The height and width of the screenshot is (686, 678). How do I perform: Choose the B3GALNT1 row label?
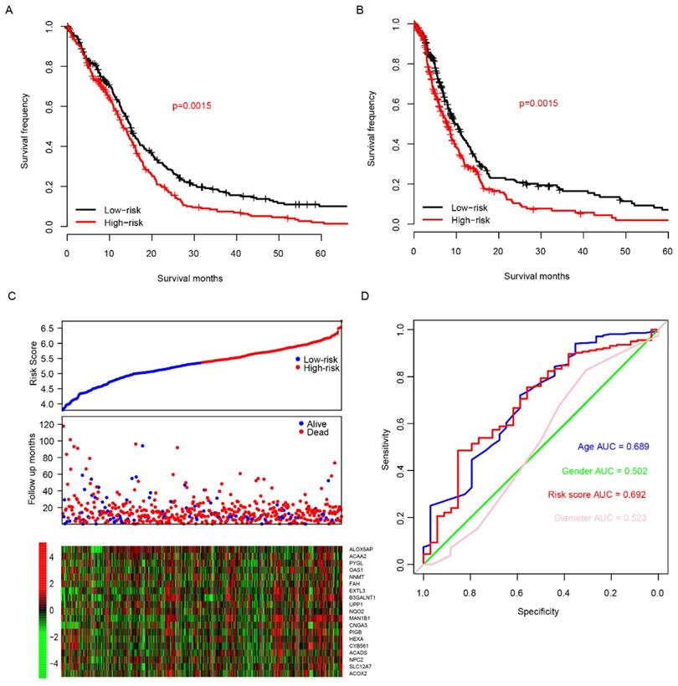click(x=362, y=597)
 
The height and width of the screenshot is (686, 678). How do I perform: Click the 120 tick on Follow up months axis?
click(x=45, y=425)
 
